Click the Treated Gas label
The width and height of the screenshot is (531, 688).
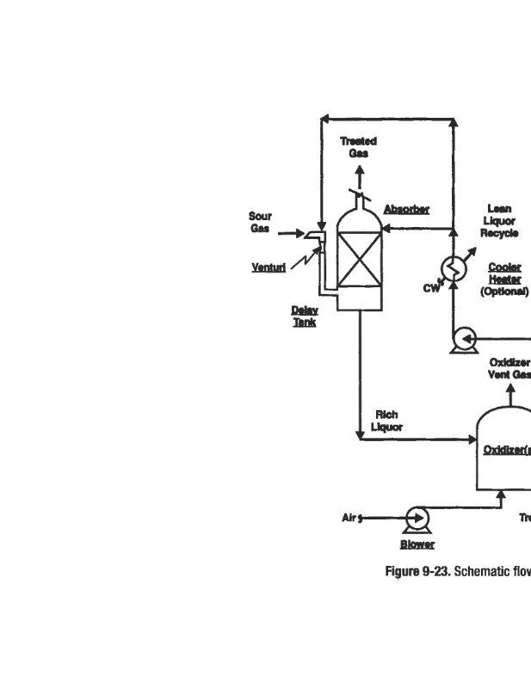[x=358, y=147]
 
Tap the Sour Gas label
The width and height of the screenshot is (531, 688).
[x=260, y=222]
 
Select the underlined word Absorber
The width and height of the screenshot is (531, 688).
[x=406, y=209]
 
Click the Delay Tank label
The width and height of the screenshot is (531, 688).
[x=305, y=316]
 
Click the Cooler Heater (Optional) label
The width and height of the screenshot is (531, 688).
[x=504, y=279]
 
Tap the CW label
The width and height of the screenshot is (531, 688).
[x=431, y=288]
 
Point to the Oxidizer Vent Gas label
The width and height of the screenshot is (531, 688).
[x=509, y=368]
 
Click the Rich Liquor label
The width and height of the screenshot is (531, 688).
[x=386, y=421]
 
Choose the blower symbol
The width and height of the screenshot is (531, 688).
[x=418, y=518]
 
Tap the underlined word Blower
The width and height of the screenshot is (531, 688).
[x=417, y=544]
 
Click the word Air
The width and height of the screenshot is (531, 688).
[x=349, y=518]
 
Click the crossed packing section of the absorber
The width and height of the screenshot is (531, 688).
[x=359, y=260]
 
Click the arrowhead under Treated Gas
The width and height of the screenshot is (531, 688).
[x=359, y=168]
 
